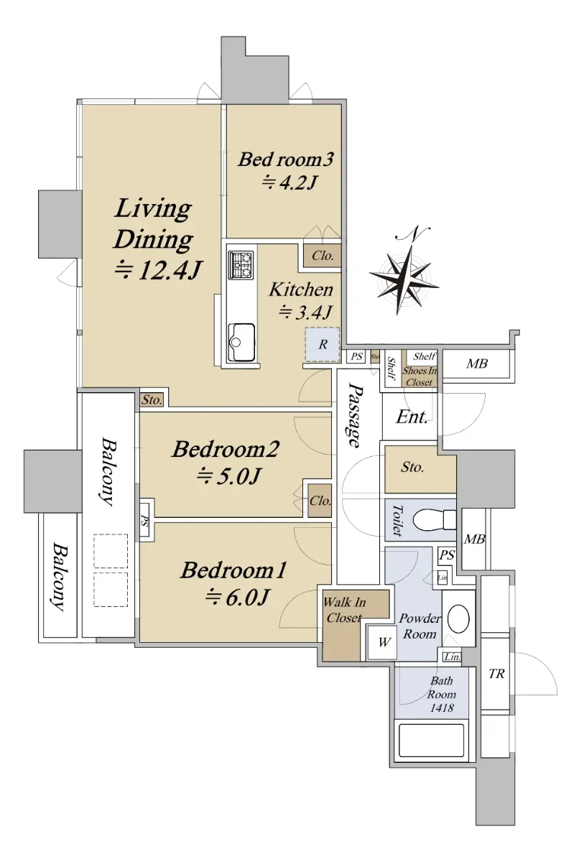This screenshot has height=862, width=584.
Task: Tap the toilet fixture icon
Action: (435, 520)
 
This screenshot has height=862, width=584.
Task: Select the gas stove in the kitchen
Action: (241, 265)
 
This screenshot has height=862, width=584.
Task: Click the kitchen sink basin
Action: (241, 342)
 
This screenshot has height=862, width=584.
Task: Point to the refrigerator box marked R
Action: (323, 344)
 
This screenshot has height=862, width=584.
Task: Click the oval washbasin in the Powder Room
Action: (458, 619)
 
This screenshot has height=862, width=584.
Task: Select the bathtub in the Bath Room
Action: (431, 741)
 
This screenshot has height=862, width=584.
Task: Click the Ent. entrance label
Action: (412, 417)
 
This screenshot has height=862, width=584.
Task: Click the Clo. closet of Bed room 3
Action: (323, 256)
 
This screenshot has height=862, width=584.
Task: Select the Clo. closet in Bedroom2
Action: (320, 501)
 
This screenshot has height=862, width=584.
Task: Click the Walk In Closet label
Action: (344, 610)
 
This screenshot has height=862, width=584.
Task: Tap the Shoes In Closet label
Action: (420, 376)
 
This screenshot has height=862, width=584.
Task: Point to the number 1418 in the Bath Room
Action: (442, 708)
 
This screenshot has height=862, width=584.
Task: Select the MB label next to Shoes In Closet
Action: (477, 363)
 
